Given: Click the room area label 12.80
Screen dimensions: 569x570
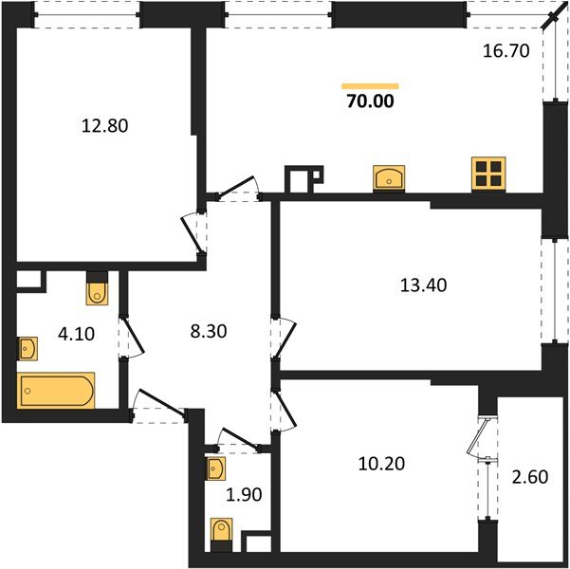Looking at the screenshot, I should click(x=105, y=124).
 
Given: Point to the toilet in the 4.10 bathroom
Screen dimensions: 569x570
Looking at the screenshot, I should click(x=98, y=291).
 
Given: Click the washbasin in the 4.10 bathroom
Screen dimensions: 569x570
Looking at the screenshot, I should click(x=27, y=350).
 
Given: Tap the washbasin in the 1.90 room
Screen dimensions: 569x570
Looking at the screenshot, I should click(x=215, y=468).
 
